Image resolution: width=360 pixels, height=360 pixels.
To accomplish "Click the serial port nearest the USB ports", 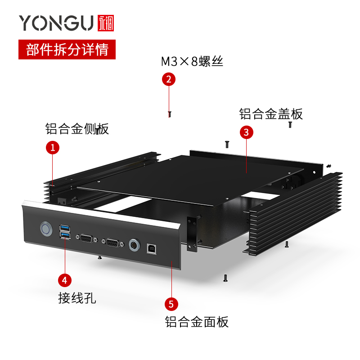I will point(86,238).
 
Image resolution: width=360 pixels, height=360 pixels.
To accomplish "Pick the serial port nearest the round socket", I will point(111,243).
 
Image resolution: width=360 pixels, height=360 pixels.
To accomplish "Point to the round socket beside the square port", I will point(134,246).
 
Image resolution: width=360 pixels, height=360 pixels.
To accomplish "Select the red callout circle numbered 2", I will point(168,79).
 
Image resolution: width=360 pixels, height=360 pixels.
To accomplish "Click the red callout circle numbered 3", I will point(246,132).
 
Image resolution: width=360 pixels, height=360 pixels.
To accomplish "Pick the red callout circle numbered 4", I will point(65,279).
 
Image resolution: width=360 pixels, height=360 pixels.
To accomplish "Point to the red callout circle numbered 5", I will point(171,304).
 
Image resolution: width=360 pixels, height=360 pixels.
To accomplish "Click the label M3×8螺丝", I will point(192,62).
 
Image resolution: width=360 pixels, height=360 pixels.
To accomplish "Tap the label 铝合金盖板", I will point(271,114).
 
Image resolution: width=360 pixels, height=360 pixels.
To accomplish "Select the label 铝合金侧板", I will point(77,129).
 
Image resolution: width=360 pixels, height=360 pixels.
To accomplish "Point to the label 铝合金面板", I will point(197,322).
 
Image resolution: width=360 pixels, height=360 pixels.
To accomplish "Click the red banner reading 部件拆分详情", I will point(67,49).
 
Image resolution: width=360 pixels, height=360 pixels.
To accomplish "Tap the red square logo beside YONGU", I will point(106,23).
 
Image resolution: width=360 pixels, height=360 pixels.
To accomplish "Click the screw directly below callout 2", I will point(169,114).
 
